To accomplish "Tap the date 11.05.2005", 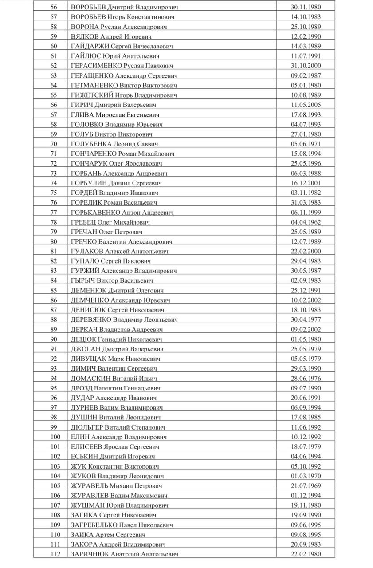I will (x=306, y=105).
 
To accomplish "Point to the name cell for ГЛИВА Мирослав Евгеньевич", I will (x=113, y=115).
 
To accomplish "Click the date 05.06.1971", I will (x=306, y=144).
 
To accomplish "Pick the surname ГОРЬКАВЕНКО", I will (x=95, y=213).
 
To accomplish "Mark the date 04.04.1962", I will (x=306, y=222).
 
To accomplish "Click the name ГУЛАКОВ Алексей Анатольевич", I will (x=119, y=252).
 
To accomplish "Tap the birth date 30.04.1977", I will (x=306, y=320).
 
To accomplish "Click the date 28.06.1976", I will (x=306, y=379).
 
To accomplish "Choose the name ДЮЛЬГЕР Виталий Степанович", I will (x=118, y=427).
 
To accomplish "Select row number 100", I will (x=55, y=437).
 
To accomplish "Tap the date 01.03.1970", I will (x=306, y=476).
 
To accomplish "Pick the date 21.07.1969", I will (x=306, y=486).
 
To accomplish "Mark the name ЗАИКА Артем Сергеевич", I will (x=108, y=535).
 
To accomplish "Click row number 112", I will (x=55, y=554).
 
